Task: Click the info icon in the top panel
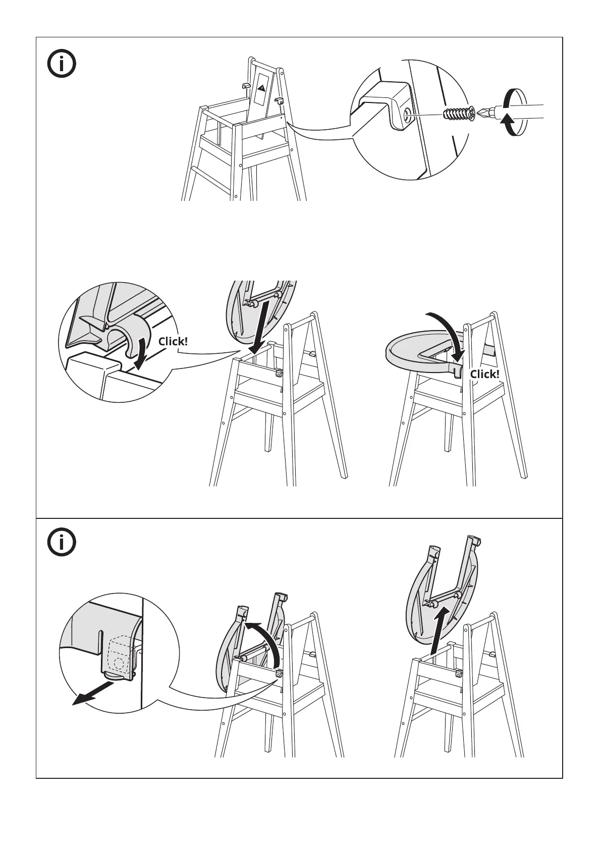click(62, 64)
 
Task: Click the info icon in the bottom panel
click(62, 542)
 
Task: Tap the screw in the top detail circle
click(459, 114)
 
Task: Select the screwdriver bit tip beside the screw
click(484, 113)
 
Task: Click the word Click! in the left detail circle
click(173, 342)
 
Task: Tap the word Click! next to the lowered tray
click(485, 374)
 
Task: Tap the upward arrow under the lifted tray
click(441, 630)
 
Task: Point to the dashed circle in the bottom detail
click(119, 663)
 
